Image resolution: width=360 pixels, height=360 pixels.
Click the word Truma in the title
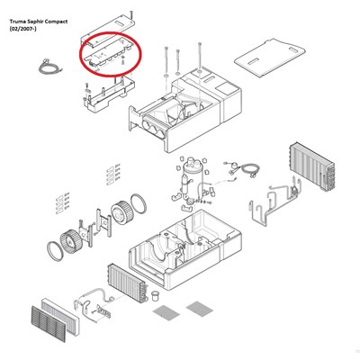pos(16,22)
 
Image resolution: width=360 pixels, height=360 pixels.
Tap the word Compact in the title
pos(56,22)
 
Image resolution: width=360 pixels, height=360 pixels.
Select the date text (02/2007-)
pos(22,29)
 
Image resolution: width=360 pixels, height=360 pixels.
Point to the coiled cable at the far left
pos(49,67)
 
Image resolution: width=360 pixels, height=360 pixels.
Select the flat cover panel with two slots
pos(270,57)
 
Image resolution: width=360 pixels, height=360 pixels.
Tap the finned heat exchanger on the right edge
pos(312,166)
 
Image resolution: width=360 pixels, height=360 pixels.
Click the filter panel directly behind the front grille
pos(61,315)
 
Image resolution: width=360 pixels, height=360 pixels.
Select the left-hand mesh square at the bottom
pos(166,313)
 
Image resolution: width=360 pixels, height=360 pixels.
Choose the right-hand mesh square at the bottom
pos(200,309)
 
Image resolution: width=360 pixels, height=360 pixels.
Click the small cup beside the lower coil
pos(156,295)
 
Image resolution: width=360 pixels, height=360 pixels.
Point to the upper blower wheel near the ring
pos(122,212)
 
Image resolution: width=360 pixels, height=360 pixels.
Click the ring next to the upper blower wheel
pos(139,203)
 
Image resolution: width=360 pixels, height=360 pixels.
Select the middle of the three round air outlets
pos(153,130)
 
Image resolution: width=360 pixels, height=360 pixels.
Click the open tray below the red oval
pos(109,94)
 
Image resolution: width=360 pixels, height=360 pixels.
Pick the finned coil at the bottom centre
pos(128,283)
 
